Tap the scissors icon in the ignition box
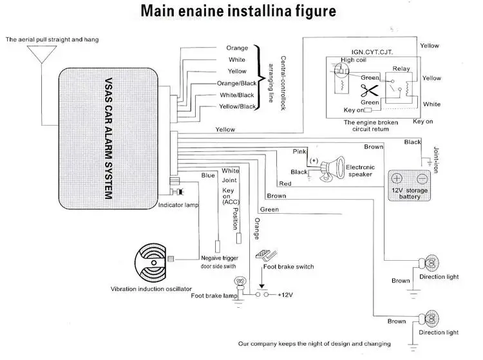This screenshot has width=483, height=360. coord(369,91)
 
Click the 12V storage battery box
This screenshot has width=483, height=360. coord(409,185)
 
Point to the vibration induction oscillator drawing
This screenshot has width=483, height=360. coord(151,262)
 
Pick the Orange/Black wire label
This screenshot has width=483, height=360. coord(236,84)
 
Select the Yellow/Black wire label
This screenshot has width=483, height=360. coord(237,106)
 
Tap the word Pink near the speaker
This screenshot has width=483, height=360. coord(299,151)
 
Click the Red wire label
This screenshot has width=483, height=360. coord(285,184)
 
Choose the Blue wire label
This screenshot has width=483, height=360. coord(208,175)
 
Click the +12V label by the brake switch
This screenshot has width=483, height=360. coord(285,295)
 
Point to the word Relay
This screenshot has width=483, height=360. coord(401,69)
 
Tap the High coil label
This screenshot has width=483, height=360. coord(354,60)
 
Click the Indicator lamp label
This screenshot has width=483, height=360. coord(178,205)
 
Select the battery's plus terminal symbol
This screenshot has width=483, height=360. coord(397,178)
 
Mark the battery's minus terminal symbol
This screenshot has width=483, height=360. coord(422,178)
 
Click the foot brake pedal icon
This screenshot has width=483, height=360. coord(266,254)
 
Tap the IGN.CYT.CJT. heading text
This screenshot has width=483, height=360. coord(372,52)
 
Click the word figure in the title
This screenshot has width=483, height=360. coord(316,12)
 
